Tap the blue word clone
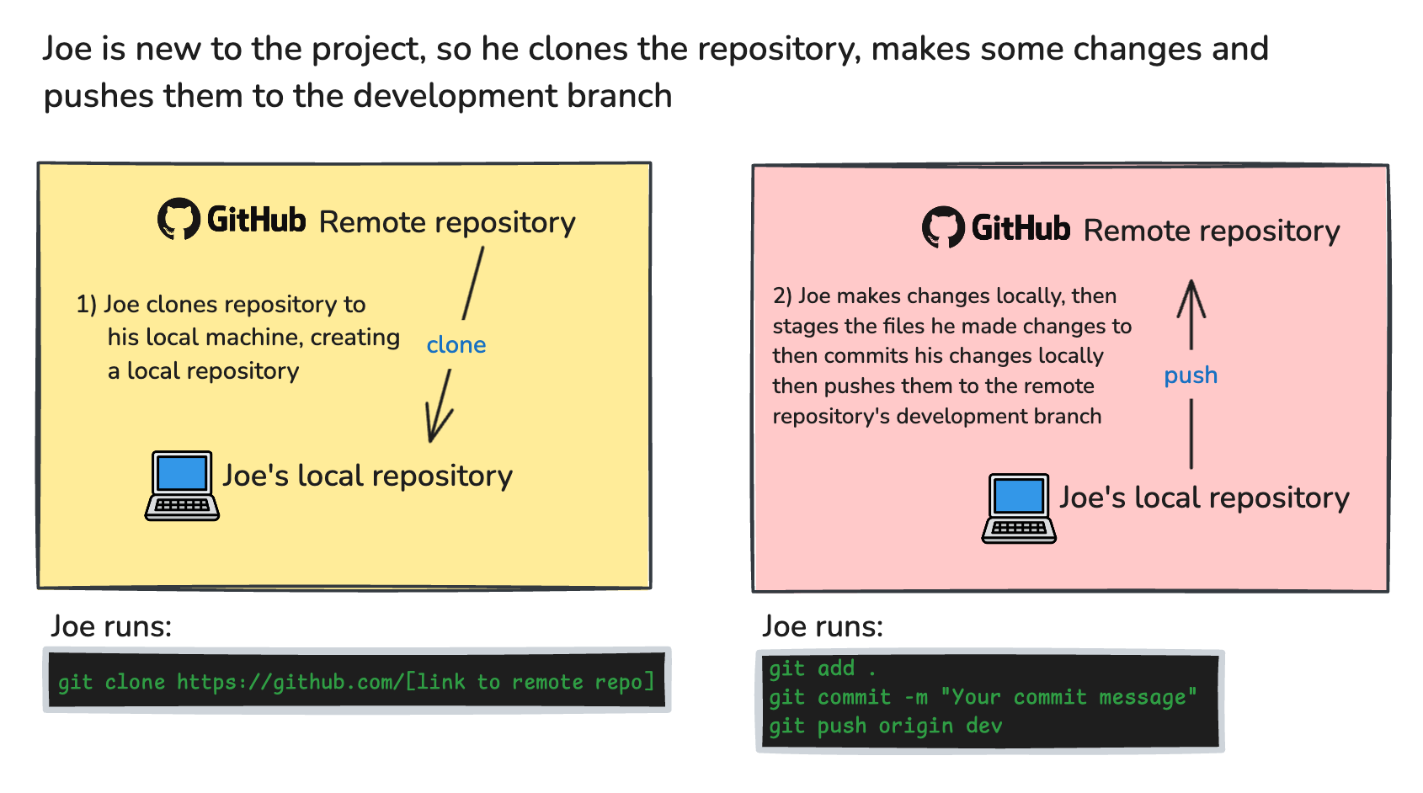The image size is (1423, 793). pyautogui.click(x=456, y=345)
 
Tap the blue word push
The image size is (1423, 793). pyautogui.click(x=1191, y=375)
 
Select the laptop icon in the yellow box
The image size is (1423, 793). pyautogui.click(x=182, y=486)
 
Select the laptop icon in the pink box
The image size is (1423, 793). pyautogui.click(x=1019, y=508)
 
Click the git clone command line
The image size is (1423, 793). pyautogui.click(x=356, y=682)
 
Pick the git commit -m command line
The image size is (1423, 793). pyautogui.click(x=982, y=697)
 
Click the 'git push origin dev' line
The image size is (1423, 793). pyautogui.click(x=885, y=726)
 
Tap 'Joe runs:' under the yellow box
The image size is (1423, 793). pyautogui.click(x=111, y=626)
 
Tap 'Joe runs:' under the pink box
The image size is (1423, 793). pyautogui.click(x=823, y=626)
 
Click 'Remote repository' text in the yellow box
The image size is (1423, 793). pyautogui.click(x=447, y=222)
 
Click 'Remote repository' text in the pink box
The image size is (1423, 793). pyautogui.click(x=1212, y=231)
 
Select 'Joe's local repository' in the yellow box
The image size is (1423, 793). pyautogui.click(x=367, y=476)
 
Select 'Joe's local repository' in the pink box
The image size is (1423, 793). pyautogui.click(x=1204, y=498)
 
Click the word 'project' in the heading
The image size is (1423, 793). pyautogui.click(x=366, y=50)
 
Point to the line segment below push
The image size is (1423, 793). pyautogui.click(x=1191, y=434)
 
